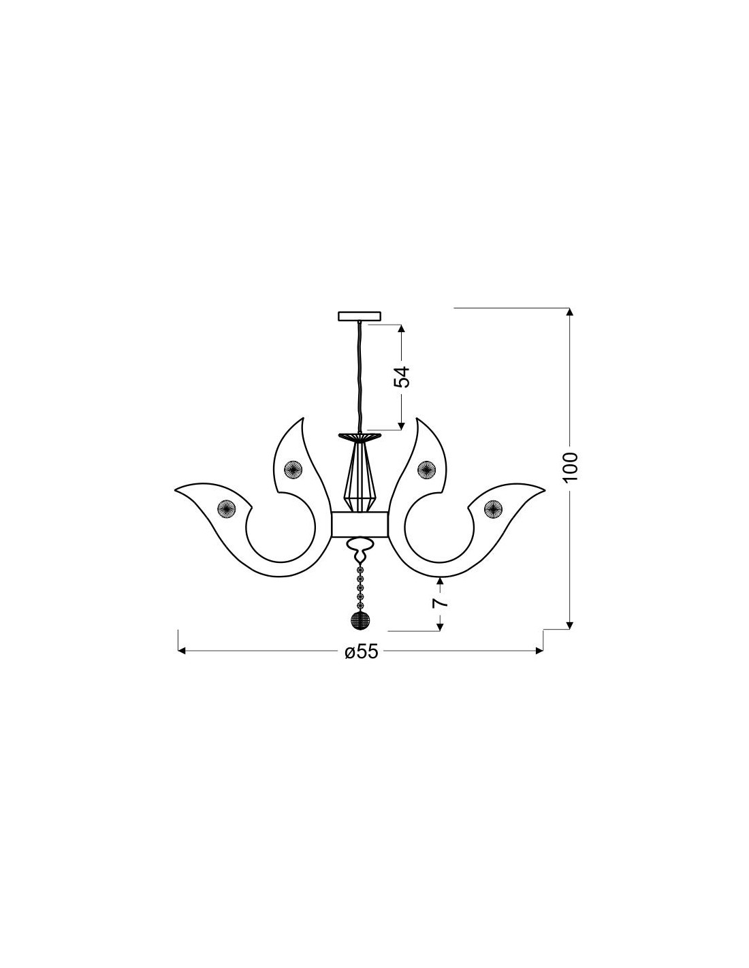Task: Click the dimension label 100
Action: (x=570, y=466)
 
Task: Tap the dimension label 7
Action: (x=439, y=602)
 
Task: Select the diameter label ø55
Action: (x=361, y=651)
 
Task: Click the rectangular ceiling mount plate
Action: (x=360, y=317)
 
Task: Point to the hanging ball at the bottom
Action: (x=360, y=620)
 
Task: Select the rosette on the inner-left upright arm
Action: (x=293, y=468)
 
